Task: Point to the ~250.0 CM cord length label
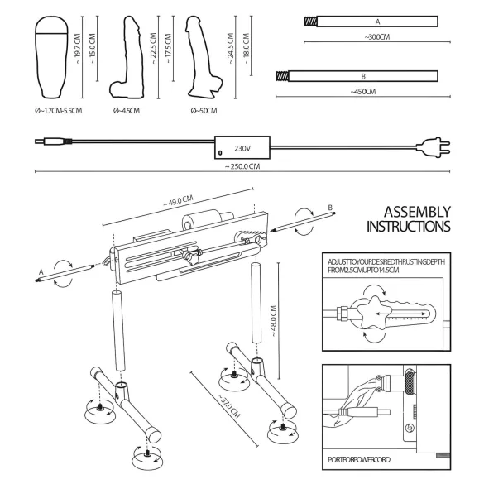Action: tap(242, 166)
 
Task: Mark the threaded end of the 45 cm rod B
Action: tap(284, 76)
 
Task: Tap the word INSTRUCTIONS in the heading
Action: tap(408, 226)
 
